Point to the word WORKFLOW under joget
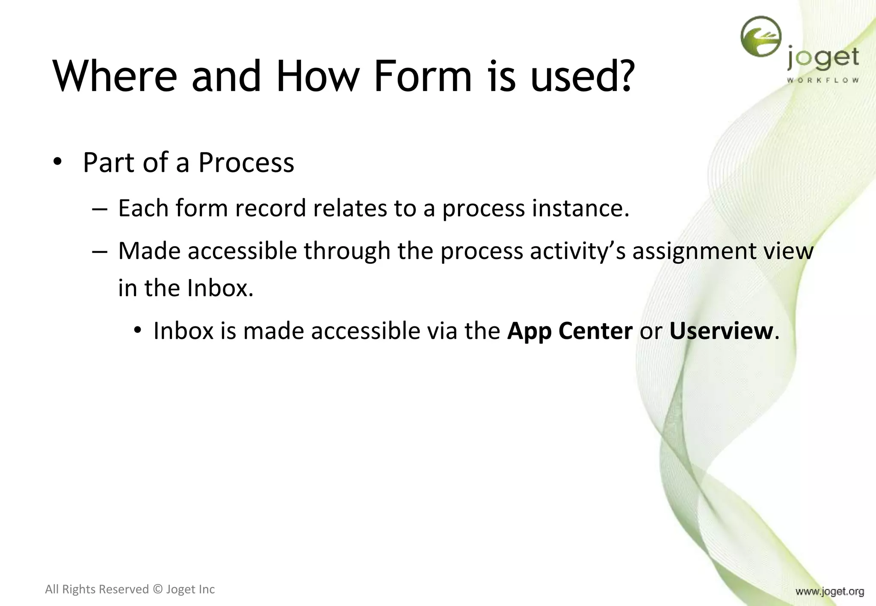pyautogui.click(x=823, y=80)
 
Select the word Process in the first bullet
pyautogui.click(x=246, y=163)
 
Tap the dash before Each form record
pyautogui.click(x=99, y=209)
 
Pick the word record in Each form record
pyautogui.click(x=270, y=209)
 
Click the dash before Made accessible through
pyautogui.click(x=99, y=251)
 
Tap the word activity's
pyautogui.click(x=577, y=251)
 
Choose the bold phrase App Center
pyautogui.click(x=569, y=331)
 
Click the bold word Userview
pyautogui.click(x=721, y=331)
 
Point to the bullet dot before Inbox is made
pyautogui.click(x=137, y=331)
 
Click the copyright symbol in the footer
pyautogui.click(x=157, y=589)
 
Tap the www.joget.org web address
pyautogui.click(x=829, y=591)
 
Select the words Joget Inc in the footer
pyautogui.click(x=190, y=589)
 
